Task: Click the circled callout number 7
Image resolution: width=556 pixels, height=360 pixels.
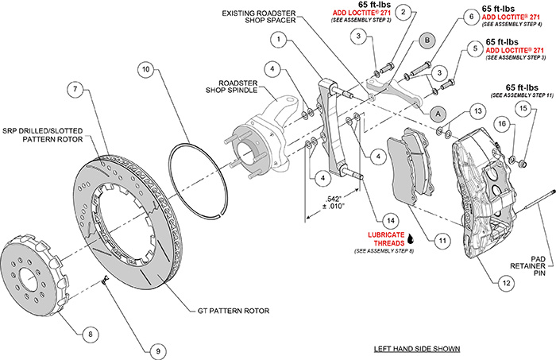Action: [75, 91]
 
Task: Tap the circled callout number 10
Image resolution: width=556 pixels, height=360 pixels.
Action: [145, 69]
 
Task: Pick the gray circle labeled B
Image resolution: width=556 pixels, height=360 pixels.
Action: [426, 40]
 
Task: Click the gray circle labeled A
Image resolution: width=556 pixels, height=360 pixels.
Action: [436, 114]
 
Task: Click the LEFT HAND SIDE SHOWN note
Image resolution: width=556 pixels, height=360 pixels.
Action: [417, 348]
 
